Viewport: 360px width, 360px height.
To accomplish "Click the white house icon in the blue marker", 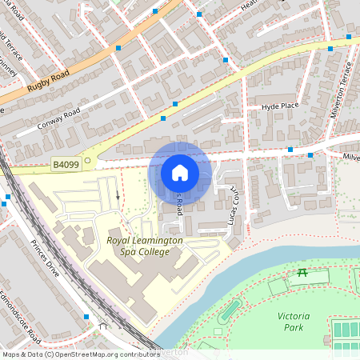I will tap(180, 173).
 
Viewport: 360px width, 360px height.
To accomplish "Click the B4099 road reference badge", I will tap(66, 165).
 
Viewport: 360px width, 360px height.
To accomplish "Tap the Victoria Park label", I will tap(294, 322).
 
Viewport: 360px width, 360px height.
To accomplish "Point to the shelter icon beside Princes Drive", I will tap(102, 326).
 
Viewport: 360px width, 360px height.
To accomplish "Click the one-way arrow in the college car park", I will tap(118, 194).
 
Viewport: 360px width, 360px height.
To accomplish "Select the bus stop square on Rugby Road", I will tap(118, 49).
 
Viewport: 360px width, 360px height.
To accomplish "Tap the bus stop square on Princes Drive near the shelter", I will tap(86, 317).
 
